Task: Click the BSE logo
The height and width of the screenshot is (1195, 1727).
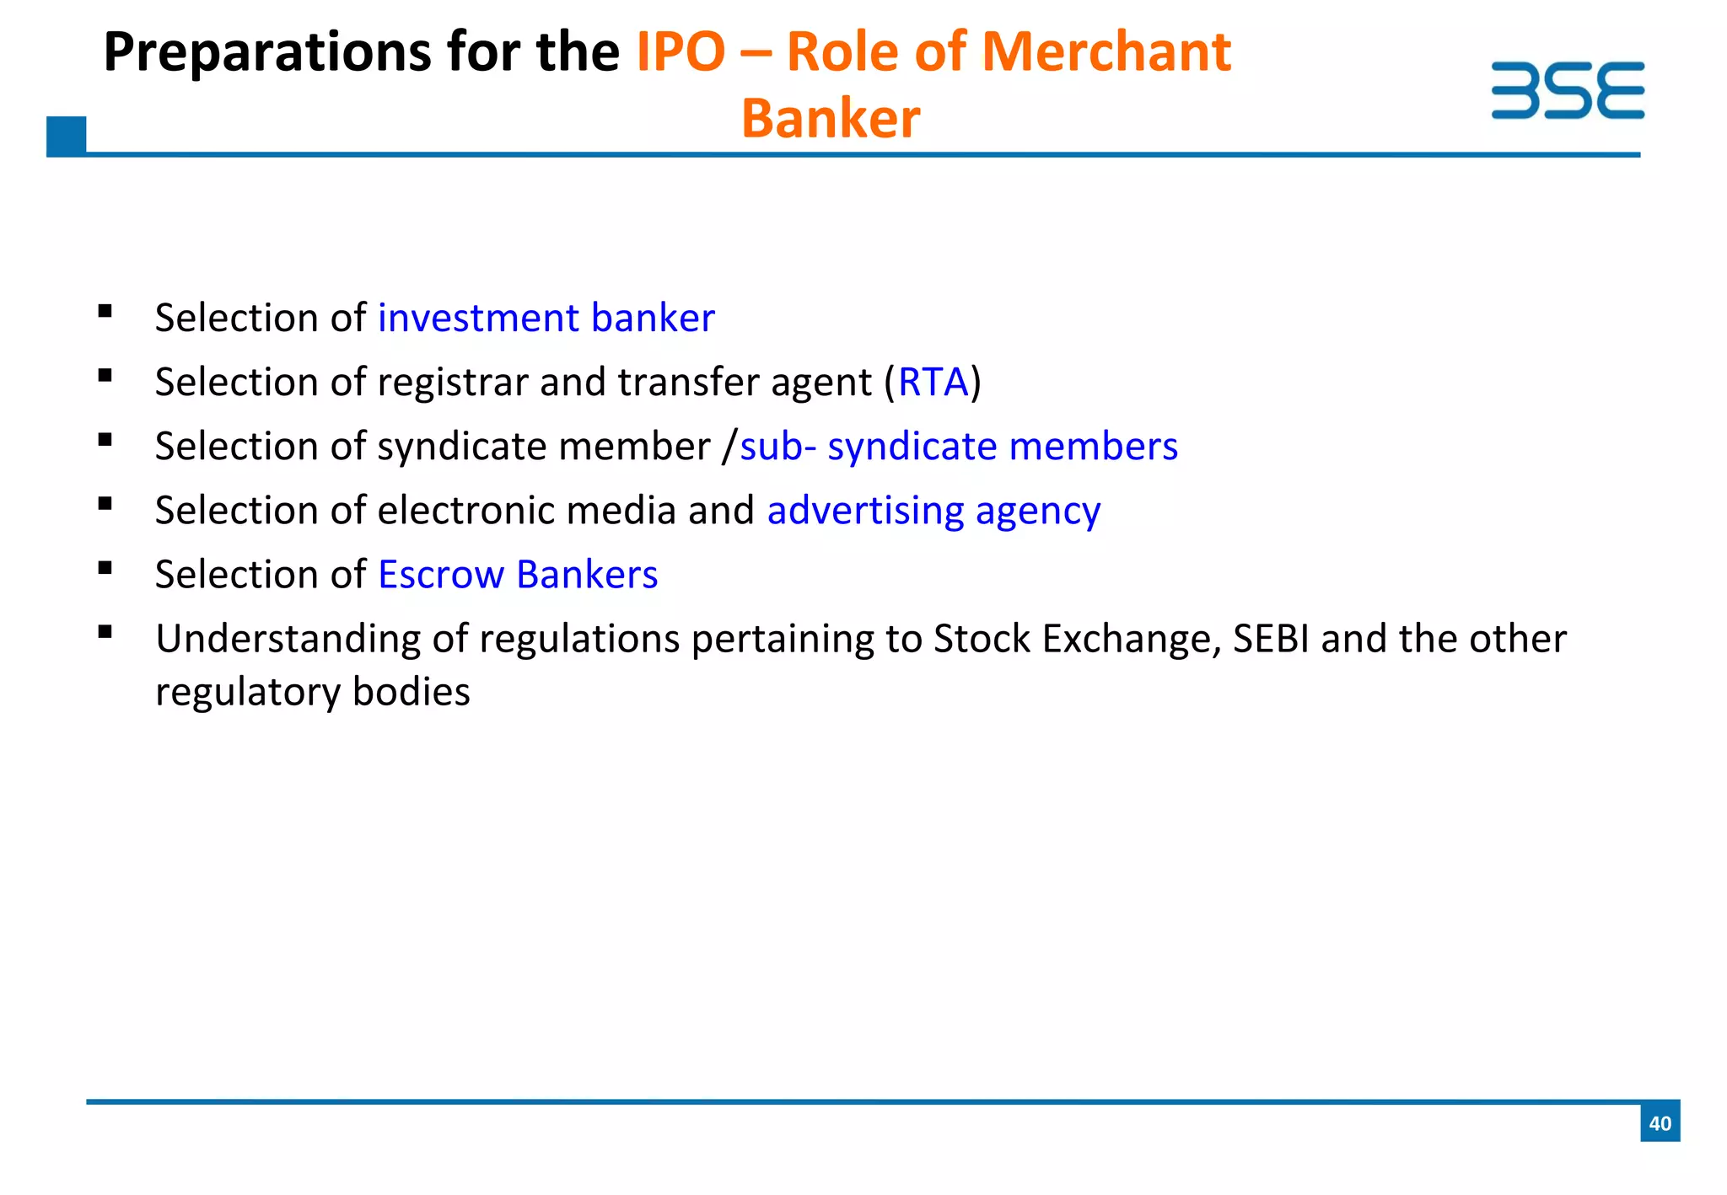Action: click(1567, 90)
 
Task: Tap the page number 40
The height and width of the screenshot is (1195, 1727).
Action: click(1660, 1123)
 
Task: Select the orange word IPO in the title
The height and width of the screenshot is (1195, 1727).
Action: click(680, 52)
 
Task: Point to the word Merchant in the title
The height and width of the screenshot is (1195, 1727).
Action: click(1106, 52)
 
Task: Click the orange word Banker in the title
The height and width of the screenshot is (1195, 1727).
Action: click(830, 119)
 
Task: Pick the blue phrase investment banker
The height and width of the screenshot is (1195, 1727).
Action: click(546, 319)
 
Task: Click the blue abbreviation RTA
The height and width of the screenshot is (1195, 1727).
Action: click(933, 383)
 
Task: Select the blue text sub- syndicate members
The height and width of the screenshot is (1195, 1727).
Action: click(958, 447)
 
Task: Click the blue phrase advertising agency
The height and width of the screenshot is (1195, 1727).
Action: click(933, 511)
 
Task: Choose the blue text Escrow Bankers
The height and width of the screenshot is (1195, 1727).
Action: click(517, 575)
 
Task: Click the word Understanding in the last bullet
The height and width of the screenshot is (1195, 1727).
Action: click(288, 639)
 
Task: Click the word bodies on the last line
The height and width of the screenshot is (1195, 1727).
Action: click(411, 692)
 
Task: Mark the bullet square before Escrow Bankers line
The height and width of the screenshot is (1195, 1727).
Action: click(105, 568)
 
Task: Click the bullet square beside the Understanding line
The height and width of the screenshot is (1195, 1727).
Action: click(105, 632)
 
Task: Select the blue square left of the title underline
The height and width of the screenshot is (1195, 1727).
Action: click(66, 136)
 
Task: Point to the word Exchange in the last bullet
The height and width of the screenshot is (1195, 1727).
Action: click(1132, 639)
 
